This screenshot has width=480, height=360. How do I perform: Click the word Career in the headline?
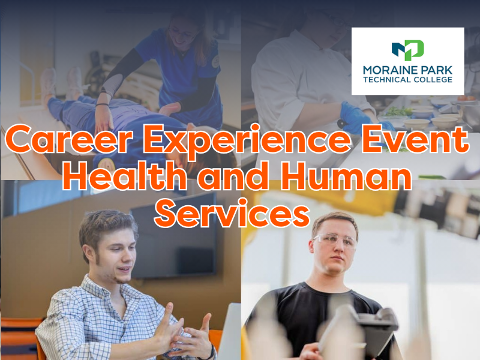click(69, 139)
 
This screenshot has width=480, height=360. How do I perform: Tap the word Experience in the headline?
click(247, 141)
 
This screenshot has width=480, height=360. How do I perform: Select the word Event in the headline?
click(415, 139)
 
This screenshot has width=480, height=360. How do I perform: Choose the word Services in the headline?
click(232, 213)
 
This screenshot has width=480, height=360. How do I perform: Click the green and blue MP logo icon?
click(407, 50)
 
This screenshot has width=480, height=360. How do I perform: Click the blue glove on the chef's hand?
click(358, 118)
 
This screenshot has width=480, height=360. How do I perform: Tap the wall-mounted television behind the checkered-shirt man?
click(174, 237)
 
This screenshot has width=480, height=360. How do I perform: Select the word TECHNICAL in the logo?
click(386, 80)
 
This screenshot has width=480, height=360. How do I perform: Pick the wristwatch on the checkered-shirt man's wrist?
click(211, 353)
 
